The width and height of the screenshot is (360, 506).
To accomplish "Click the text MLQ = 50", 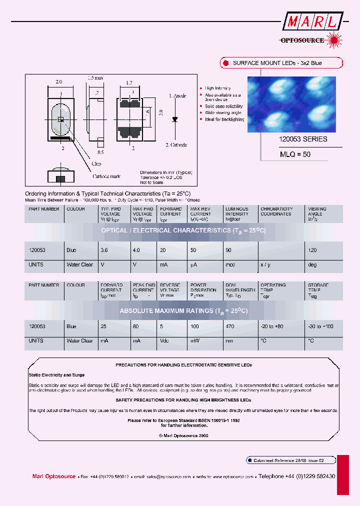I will [295, 154].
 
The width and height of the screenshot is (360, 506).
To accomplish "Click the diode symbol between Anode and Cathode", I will [174, 119].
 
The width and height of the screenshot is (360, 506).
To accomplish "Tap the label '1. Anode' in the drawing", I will [177, 95].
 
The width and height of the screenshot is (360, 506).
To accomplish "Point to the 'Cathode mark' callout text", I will [107, 176].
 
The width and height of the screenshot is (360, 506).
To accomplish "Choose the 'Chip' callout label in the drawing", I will [96, 163].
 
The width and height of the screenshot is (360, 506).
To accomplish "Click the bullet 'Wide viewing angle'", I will [223, 113].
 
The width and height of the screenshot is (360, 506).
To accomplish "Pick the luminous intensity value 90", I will [228, 250].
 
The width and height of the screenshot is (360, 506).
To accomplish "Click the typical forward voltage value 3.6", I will [104, 250].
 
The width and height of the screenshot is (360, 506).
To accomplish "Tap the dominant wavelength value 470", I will [230, 326].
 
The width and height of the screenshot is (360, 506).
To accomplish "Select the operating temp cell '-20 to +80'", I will [272, 326].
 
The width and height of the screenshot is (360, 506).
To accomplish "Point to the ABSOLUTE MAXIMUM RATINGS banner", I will [183, 310].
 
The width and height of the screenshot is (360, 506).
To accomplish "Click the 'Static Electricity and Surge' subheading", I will [56, 374].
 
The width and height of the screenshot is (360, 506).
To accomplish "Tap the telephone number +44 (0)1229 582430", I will [296, 476].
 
